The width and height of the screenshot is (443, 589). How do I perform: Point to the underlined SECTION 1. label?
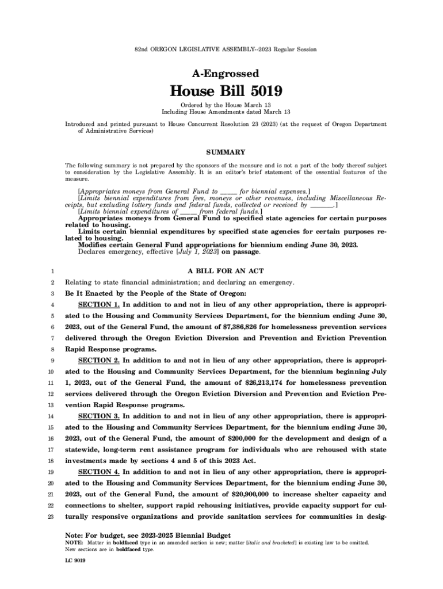98,304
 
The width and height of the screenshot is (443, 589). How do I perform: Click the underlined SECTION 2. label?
98,360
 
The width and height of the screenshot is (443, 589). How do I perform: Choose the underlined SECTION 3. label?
98,416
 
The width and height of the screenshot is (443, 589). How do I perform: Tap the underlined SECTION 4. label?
98,472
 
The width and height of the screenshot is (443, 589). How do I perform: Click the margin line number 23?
51,517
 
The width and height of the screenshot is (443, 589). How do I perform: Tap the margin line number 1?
52,271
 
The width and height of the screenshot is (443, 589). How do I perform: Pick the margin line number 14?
51,416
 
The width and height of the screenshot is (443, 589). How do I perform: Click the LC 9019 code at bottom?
75,560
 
